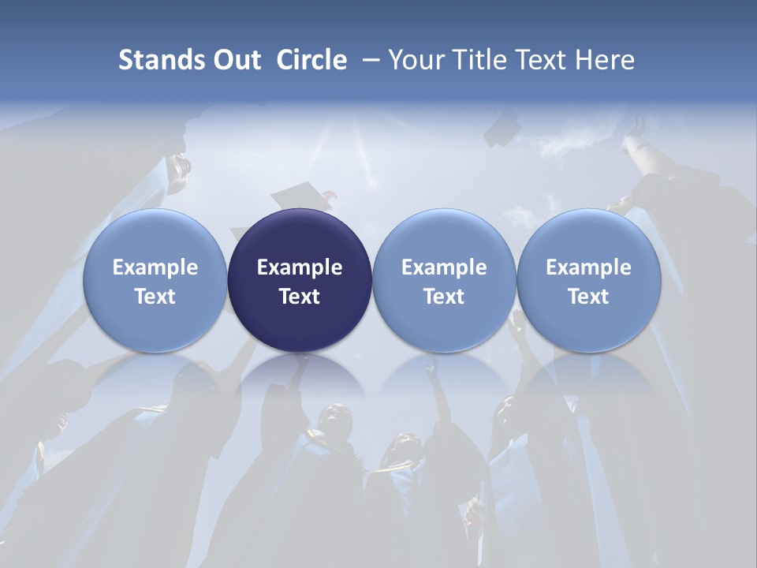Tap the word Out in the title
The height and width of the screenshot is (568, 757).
point(235,60)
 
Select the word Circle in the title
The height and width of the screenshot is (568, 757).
point(311,60)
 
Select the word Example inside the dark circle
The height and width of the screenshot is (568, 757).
point(300,267)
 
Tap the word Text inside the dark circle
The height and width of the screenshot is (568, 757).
point(300,297)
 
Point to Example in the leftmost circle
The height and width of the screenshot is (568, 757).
point(155,267)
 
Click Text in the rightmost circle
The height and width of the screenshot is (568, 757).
point(589,297)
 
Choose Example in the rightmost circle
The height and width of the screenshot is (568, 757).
point(589,267)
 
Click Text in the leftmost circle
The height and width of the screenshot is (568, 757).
point(155,297)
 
